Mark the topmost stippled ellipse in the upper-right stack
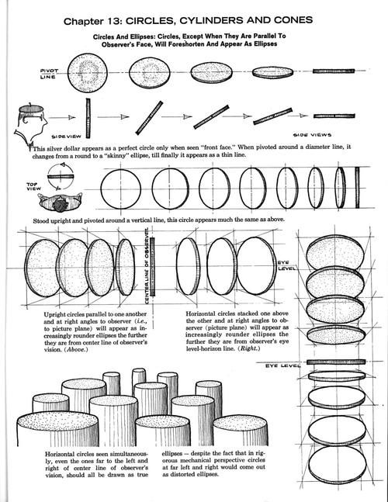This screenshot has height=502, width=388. pos(333,252)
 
